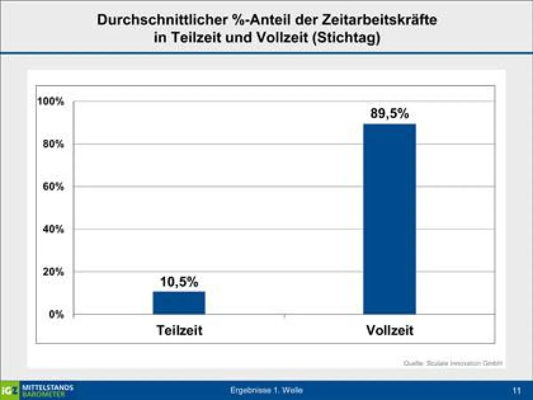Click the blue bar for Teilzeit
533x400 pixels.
[179, 303]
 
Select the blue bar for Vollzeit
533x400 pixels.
[390, 219]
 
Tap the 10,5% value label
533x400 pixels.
[179, 282]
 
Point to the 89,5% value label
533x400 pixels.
[390, 114]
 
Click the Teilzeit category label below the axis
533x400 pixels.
[179, 331]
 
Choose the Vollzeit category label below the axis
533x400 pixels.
[390, 331]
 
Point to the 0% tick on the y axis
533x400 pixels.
[57, 314]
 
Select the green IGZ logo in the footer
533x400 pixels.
[10, 390]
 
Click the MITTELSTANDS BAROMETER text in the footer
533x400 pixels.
[47, 390]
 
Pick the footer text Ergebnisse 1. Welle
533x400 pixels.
[266, 391]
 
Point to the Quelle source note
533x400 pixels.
[453, 364]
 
